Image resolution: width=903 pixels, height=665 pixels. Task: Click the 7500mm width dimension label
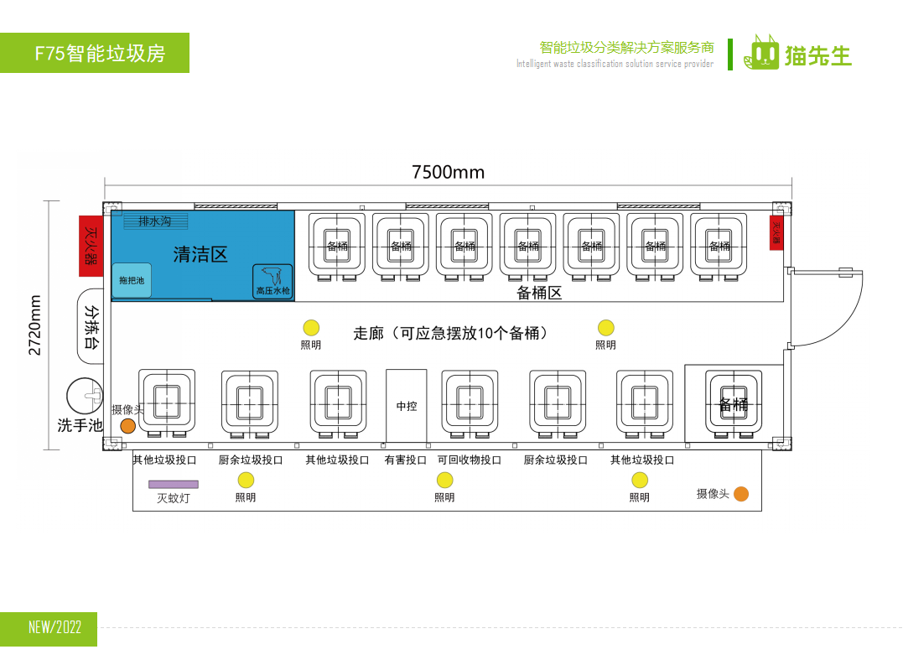coord(448,173)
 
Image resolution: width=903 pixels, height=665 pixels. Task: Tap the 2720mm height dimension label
coord(35,325)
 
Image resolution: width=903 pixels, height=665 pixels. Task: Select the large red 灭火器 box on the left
coord(91,246)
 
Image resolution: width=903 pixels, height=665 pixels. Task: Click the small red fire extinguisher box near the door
coord(776,232)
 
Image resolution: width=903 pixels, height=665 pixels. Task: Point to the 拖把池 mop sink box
coord(132,281)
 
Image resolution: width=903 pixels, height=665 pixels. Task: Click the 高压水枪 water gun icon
coord(272,281)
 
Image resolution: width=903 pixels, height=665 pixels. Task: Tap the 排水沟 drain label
coord(155,221)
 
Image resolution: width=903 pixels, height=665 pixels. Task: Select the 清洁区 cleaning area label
coord(200,255)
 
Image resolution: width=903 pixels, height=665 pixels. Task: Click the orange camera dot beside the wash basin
coord(127,426)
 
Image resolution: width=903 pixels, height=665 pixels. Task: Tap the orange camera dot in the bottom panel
coord(741,494)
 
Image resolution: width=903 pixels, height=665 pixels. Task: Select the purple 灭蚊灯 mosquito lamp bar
coord(174,484)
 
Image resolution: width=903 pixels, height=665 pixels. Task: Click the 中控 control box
coord(407,406)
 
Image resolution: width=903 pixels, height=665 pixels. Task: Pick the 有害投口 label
coord(406,460)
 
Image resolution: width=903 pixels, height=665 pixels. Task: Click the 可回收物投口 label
coord(470,460)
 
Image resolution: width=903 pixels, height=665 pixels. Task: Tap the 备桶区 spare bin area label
coord(538,293)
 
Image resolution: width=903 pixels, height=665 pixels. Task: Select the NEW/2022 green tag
coord(49,628)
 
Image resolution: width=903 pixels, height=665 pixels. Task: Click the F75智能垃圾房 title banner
coord(95,54)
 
